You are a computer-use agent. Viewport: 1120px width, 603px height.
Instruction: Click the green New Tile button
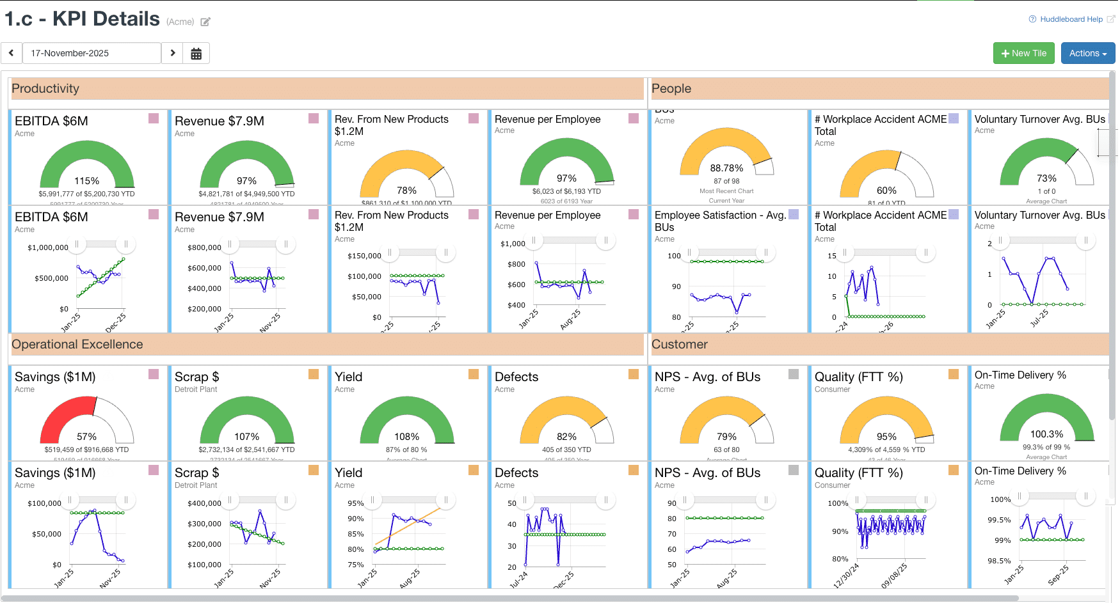[1023, 53]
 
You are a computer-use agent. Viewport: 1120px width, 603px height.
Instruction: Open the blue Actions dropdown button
[1087, 53]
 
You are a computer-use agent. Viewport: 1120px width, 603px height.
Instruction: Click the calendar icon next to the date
[196, 54]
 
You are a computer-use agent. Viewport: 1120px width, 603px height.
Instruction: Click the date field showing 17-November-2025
[92, 53]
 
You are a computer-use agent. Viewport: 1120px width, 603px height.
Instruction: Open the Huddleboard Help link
[1071, 19]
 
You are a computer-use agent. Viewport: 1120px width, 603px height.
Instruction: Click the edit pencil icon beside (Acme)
[205, 22]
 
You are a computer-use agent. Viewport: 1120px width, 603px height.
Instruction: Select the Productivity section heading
[45, 89]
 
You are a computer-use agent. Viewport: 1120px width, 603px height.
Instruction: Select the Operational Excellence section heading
[77, 345]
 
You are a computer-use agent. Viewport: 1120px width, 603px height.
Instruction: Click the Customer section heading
[679, 345]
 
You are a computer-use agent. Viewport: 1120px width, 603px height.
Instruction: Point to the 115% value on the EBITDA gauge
[86, 181]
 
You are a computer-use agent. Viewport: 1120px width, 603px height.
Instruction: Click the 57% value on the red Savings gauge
[86, 437]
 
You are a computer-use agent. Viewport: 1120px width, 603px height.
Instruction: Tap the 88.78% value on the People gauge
[726, 168]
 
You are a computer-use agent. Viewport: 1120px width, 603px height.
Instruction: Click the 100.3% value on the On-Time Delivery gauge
[1046, 434]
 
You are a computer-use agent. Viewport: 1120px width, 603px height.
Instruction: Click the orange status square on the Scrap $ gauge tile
[314, 374]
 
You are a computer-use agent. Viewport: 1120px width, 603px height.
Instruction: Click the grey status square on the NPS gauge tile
[794, 374]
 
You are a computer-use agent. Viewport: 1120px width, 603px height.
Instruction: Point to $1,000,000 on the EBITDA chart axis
[48, 247]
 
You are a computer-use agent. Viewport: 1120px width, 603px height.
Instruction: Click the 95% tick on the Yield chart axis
[356, 503]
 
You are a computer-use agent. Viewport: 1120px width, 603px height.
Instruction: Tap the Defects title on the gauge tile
[516, 377]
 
